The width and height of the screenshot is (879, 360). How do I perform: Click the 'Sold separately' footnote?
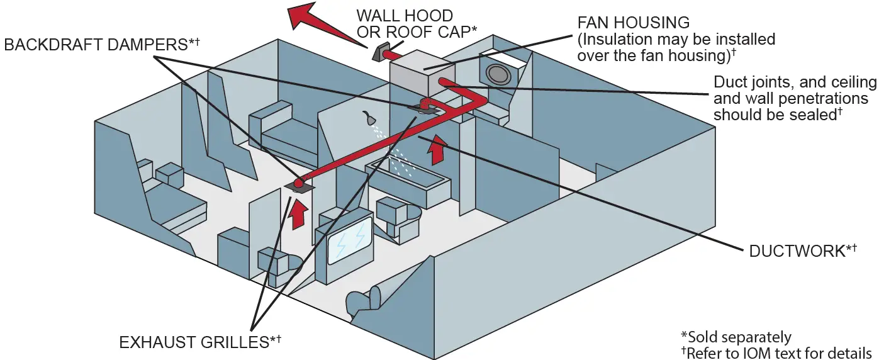click(x=736, y=337)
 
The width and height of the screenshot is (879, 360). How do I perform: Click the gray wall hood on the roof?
click(x=381, y=53)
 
